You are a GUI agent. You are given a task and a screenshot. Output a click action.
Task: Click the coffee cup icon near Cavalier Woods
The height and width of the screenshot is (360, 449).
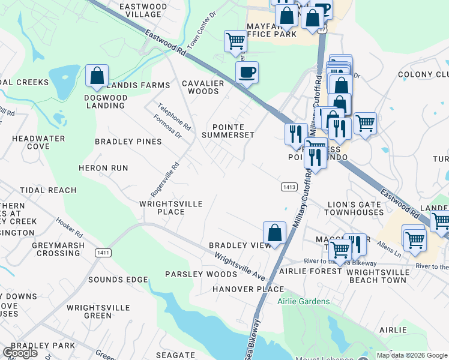247,73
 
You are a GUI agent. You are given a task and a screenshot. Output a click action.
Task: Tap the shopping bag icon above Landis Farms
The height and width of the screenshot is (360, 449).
97,76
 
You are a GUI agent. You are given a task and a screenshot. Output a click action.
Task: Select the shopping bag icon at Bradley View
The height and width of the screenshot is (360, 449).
274,232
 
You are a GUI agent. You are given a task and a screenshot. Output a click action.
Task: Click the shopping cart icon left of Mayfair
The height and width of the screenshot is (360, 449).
235,41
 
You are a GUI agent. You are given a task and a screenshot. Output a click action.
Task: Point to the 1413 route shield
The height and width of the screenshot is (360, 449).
289,187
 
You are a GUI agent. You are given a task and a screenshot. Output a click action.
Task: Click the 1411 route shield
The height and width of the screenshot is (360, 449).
103,253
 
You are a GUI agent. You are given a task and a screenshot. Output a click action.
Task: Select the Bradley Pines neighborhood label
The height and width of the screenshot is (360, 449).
128,142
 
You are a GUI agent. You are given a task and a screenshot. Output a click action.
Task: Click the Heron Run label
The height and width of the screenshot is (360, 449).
103,168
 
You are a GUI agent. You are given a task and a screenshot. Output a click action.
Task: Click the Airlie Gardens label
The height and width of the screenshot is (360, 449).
303,301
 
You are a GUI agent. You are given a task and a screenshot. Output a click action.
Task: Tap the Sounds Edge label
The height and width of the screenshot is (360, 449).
118,280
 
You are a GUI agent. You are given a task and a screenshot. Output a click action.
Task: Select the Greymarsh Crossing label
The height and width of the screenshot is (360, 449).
50,249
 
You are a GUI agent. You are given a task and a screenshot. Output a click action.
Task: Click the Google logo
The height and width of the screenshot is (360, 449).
19,353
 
